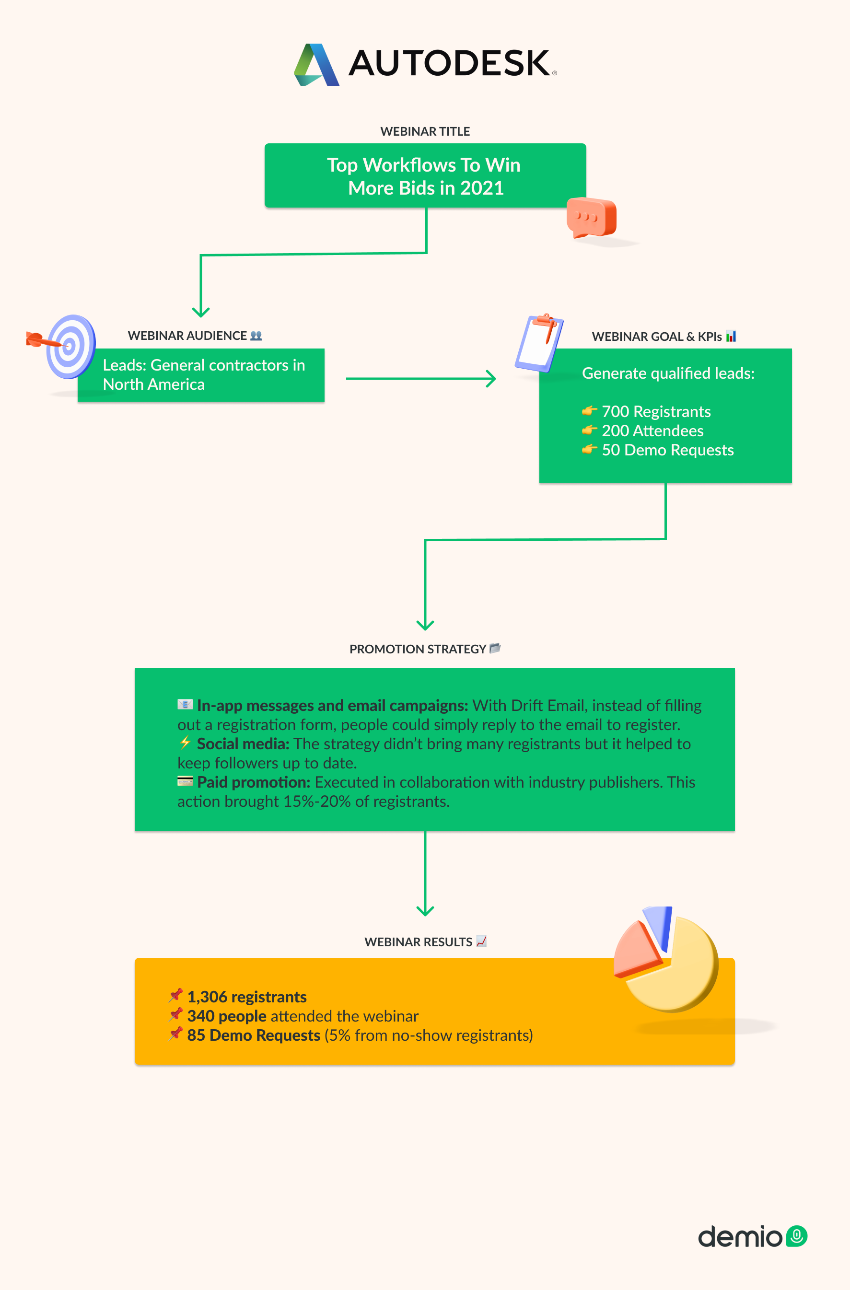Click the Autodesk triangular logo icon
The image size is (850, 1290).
click(x=316, y=65)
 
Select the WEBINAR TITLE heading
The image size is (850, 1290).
click(x=425, y=131)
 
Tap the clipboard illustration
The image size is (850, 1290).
click(x=539, y=343)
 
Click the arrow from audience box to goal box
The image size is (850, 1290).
click(x=420, y=378)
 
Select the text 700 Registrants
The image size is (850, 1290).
click(x=656, y=411)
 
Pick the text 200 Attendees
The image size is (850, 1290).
click(x=652, y=430)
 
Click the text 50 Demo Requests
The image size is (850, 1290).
click(x=668, y=450)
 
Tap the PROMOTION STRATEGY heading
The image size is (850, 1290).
click(x=418, y=649)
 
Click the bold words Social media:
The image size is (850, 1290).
click(x=243, y=744)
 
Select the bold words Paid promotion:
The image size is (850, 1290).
click(x=254, y=782)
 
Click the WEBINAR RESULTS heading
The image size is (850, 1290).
click(x=418, y=942)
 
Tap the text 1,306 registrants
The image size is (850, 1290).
click(x=246, y=997)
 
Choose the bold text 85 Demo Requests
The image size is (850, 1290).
click(x=254, y=1035)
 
